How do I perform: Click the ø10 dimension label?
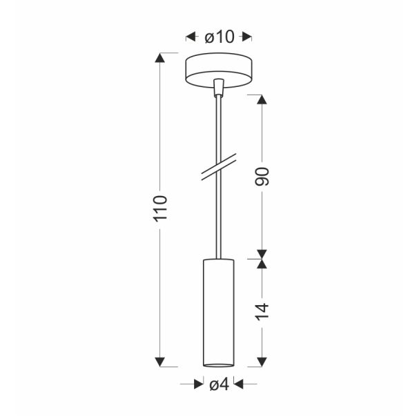pos(220,37)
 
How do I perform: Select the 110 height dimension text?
pos(161,208)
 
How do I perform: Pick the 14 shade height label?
pos(262,311)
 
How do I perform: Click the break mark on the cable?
pos(220,168)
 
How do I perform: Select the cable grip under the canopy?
pos(220,88)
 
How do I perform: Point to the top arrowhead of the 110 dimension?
pos(161,59)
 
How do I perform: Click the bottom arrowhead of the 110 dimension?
pos(161,360)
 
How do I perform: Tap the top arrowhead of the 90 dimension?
pos(262,98)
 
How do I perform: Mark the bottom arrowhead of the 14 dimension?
pos(262,360)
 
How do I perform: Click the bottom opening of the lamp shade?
pos(220,363)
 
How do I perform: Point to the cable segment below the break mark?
pos(220,221)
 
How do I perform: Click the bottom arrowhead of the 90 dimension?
pos(262,253)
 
